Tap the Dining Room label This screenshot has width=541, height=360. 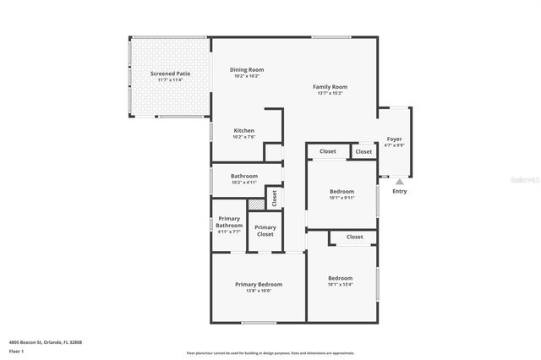click(247, 69)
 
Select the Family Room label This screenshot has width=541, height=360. click(330, 86)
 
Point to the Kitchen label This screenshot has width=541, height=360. click(244, 130)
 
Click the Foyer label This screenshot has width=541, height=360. click(395, 139)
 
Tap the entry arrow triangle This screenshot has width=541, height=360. click(400, 181)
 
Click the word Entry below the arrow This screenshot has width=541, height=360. click(400, 191)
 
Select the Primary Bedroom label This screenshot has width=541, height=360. click(259, 284)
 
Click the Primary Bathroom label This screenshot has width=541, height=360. click(229, 221)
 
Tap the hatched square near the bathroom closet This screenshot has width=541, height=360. click(254, 204)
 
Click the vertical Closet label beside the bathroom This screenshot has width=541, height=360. click(274, 198)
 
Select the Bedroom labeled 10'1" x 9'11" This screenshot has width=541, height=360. click(342, 192)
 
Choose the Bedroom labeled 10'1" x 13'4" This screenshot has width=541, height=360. click(341, 278)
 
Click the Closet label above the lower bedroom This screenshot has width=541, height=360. click(354, 237)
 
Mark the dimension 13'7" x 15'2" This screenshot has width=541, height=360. click(330, 94)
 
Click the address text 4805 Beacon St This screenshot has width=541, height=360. click(46, 342)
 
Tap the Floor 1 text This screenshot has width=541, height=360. click(17, 351)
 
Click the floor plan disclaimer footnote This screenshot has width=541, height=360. click(270, 353)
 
